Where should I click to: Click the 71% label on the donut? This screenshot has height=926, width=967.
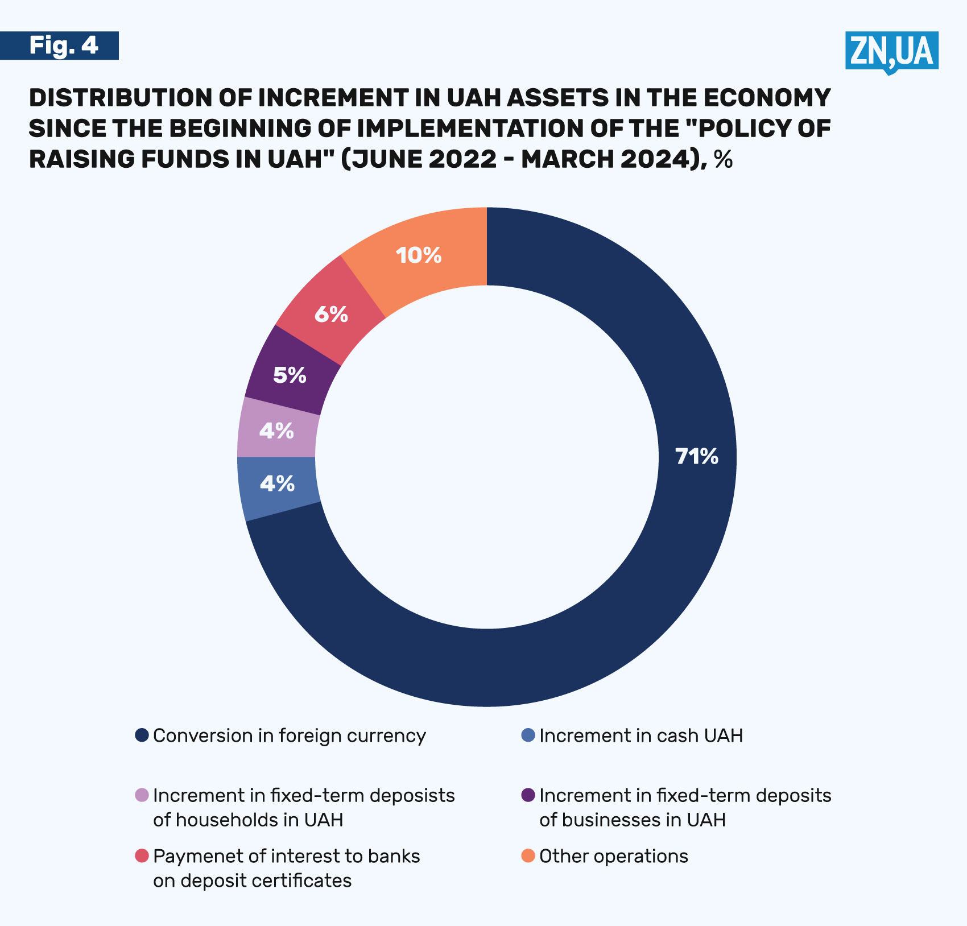pos(697,457)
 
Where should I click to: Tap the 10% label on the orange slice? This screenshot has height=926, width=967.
pos(419,255)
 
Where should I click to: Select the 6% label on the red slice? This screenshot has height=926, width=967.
pos(331,314)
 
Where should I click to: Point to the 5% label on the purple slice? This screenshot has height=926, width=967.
pos(290,375)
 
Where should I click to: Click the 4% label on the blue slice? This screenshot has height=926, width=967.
pos(277,484)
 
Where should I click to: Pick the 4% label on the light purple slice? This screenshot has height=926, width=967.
pos(276,431)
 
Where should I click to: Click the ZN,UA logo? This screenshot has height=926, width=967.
pos(891,52)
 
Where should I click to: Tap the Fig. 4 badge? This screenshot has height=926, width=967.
pos(63,46)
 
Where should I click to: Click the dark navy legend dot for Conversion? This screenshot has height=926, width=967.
pos(142,735)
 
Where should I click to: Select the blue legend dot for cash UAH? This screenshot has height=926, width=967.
pos(528,735)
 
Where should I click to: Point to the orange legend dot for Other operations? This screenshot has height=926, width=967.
pos(528,855)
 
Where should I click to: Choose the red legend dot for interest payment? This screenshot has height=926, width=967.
pos(142,855)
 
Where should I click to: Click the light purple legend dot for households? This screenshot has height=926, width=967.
pos(142,795)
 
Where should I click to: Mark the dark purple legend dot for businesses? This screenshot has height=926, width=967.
pos(528,795)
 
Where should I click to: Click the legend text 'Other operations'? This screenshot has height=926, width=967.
pos(613,856)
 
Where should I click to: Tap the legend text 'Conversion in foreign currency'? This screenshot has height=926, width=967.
pos(289,736)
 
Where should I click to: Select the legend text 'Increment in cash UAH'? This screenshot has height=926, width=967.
pos(641,736)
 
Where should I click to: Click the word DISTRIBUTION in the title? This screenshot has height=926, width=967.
pos(120,98)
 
